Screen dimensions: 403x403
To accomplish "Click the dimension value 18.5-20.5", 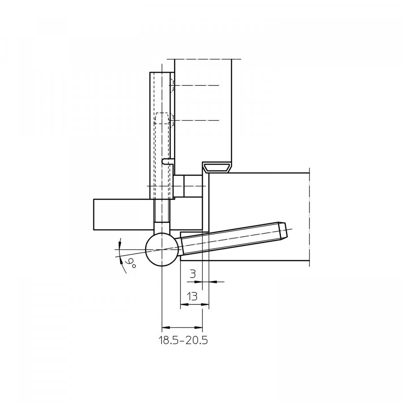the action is coord(183,340).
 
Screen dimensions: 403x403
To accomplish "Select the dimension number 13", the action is coord(192,296).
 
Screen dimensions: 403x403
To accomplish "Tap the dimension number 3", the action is coord(193,274).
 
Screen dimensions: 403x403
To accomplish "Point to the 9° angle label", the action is coord(130,264).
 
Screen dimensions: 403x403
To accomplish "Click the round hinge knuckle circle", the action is coord(162,249).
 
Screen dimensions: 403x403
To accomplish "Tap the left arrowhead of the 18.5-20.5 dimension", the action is coord(166,327).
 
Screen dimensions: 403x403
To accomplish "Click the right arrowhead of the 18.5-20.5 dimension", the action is coord(198,327).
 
